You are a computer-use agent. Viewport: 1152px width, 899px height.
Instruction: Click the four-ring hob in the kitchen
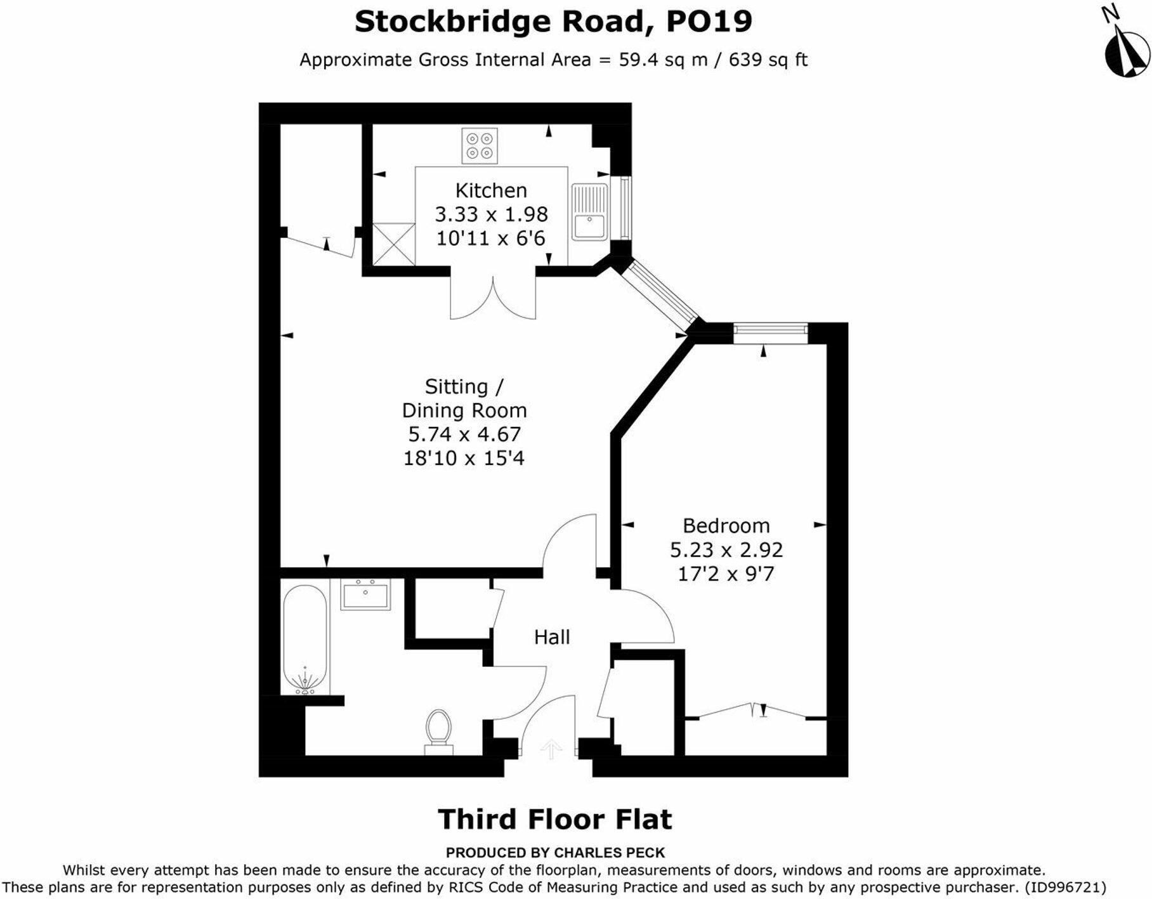pyautogui.click(x=480, y=146)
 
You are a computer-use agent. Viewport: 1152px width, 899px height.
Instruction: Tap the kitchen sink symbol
pyautogui.click(x=589, y=212)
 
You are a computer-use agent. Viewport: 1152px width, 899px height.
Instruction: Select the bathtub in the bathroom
pyautogui.click(x=305, y=639)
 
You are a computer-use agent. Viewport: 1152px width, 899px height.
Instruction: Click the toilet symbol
pyautogui.click(x=438, y=732)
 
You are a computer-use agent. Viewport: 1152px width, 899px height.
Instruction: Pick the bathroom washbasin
pyautogui.click(x=365, y=594)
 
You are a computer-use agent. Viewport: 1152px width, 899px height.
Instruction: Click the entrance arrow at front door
pyautogui.click(x=550, y=749)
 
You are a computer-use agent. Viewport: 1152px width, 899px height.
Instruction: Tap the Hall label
pyautogui.click(x=551, y=637)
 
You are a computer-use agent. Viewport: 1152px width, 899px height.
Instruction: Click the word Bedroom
pyautogui.click(x=726, y=525)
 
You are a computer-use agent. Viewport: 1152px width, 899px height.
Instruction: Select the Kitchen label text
pyautogui.click(x=491, y=190)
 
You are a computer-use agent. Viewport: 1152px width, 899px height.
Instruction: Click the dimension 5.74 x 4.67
pyautogui.click(x=464, y=434)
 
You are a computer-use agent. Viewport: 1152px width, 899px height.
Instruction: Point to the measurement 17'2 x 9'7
pyautogui.click(x=726, y=574)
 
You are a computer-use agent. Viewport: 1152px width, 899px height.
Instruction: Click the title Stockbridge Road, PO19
pyautogui.click(x=553, y=21)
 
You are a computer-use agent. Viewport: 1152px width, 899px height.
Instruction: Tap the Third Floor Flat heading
pyautogui.click(x=554, y=819)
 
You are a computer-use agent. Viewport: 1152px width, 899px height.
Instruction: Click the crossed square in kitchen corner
pyautogui.click(x=393, y=244)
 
